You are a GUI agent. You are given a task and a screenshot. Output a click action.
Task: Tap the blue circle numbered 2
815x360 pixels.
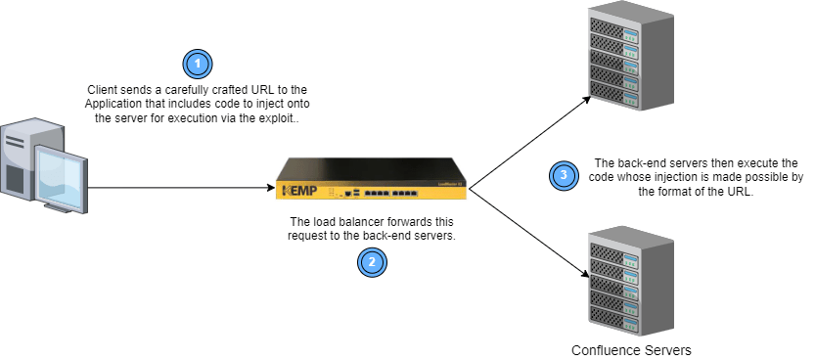point(371,260)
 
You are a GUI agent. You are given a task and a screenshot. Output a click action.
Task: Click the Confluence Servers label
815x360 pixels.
point(631,349)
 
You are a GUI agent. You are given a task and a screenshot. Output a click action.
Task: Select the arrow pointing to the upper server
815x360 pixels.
point(528,138)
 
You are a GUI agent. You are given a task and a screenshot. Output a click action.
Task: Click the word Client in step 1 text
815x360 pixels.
point(104,90)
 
